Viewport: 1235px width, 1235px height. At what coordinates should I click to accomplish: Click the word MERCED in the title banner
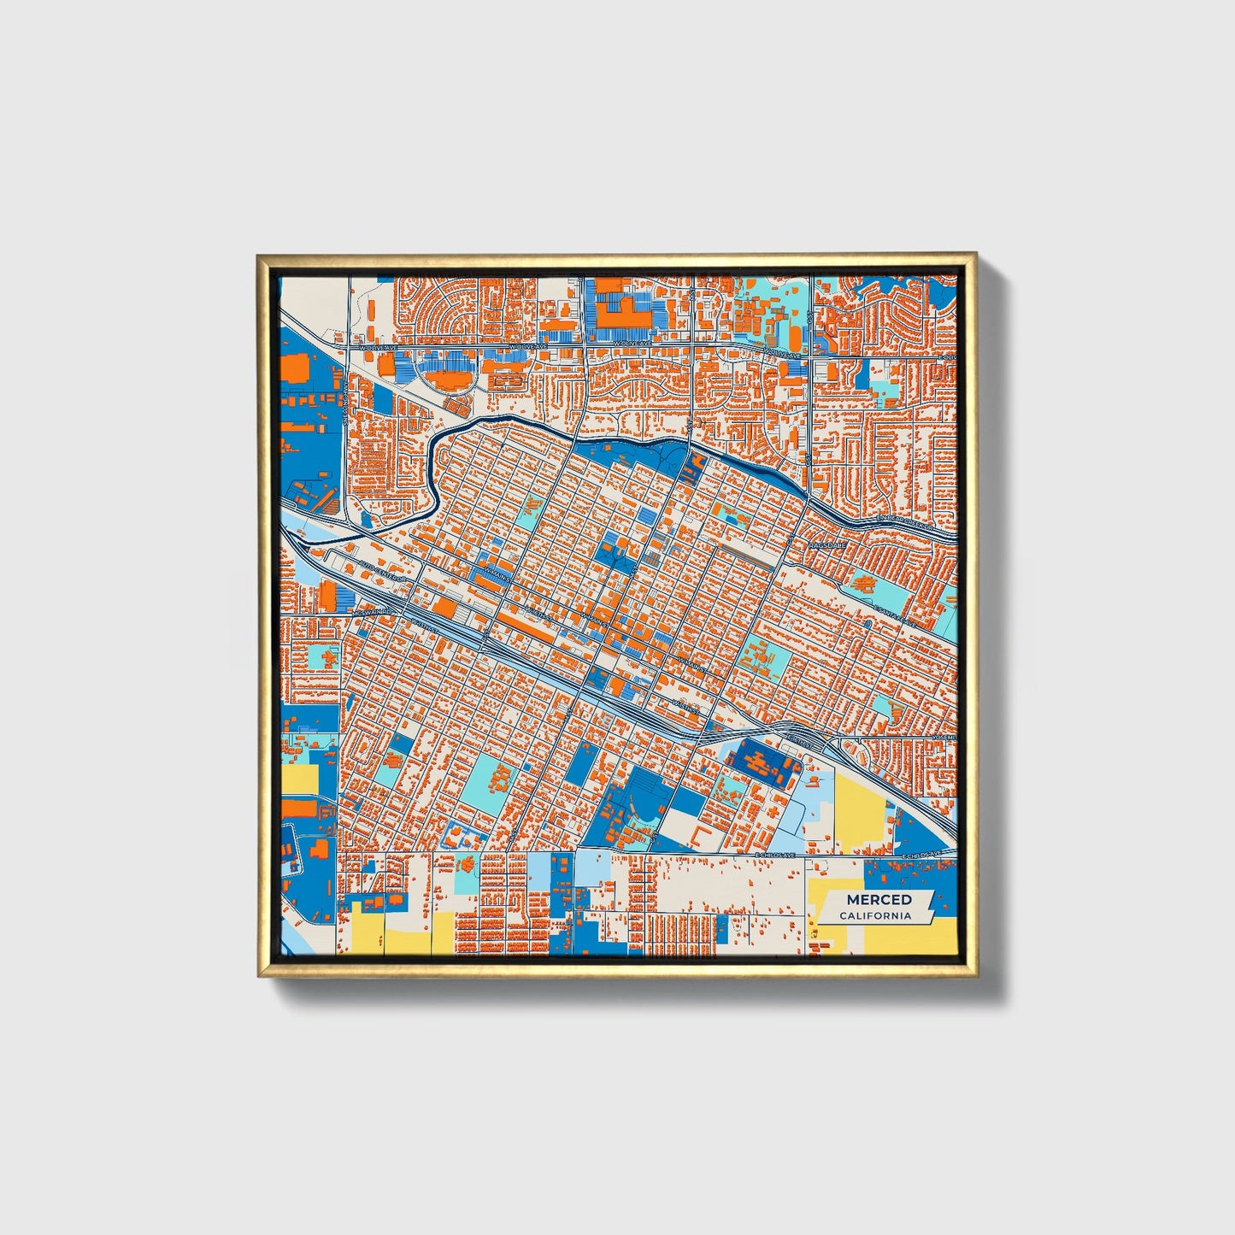point(879,899)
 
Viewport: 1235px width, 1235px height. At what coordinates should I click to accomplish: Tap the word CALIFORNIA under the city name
point(874,916)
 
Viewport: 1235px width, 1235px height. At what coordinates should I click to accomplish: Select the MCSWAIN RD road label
point(373,613)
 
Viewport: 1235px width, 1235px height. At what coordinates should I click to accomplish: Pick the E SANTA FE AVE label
point(895,616)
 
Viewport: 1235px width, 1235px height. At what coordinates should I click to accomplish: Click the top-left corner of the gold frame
point(259,255)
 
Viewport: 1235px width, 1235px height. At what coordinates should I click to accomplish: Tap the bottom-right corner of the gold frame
point(975,976)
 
